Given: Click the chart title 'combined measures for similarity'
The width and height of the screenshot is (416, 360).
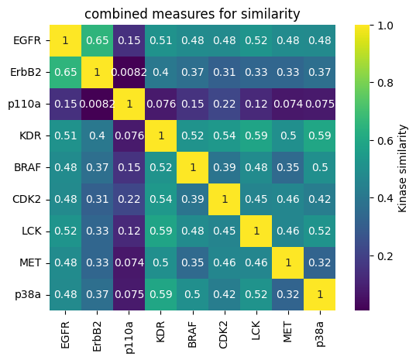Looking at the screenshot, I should click(x=192, y=13).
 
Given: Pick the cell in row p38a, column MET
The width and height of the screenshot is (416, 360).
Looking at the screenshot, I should click(x=287, y=294).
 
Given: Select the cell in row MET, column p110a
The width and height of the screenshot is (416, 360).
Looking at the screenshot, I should click(x=129, y=262).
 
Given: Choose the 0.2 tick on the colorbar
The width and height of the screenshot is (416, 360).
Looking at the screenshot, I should click(x=385, y=255).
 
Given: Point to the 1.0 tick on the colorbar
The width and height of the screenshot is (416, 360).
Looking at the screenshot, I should click(x=385, y=26).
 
